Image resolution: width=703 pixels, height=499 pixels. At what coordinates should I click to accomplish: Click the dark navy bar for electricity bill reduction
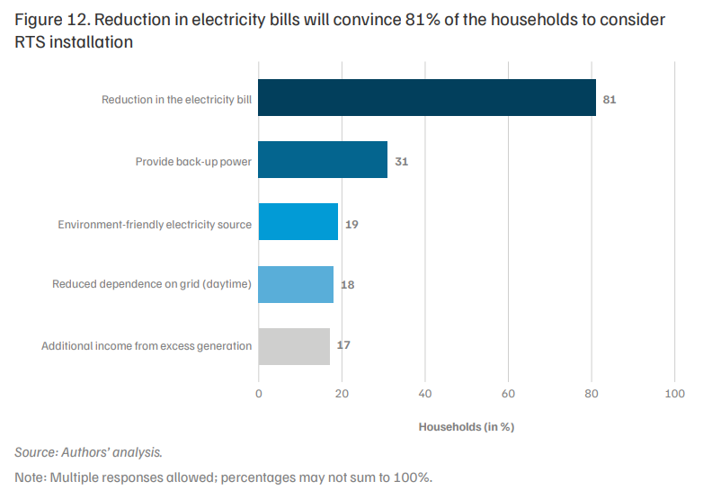pos(427,98)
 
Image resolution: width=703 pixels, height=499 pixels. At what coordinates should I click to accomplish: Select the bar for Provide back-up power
pos(323,160)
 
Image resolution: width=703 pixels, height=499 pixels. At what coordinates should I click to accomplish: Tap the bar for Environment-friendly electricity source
pos(298,221)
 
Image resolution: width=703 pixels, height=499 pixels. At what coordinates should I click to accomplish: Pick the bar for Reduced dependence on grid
pos(296,284)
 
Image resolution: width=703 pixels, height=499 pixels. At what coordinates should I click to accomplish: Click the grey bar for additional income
pos(294,346)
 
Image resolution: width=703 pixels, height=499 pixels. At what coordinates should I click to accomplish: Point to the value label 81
pos(610,100)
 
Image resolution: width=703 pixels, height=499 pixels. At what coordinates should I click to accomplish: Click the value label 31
pos(401,162)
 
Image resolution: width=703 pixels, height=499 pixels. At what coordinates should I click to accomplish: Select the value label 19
pos(351,224)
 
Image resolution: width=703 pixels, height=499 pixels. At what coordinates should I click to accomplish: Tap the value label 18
pos(348,285)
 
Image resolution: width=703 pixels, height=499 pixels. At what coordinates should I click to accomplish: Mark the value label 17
pos(343,344)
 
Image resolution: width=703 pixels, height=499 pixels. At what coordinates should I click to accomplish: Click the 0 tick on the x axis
pos(259,394)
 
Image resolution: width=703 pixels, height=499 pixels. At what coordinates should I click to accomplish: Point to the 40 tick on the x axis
pos(425,394)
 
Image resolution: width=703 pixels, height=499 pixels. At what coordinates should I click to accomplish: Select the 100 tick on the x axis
pos(675,394)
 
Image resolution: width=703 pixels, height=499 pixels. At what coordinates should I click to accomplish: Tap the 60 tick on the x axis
pos(508,394)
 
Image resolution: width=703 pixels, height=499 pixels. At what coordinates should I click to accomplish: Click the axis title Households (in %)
pos(467,427)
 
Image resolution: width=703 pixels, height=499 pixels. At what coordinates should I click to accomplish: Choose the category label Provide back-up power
pos(193,162)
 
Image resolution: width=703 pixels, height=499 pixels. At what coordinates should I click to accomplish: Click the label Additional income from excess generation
pos(147,345)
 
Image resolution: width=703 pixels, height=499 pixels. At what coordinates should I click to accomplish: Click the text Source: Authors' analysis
pos(88,452)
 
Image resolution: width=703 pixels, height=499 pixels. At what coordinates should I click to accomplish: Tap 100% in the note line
pos(413,477)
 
